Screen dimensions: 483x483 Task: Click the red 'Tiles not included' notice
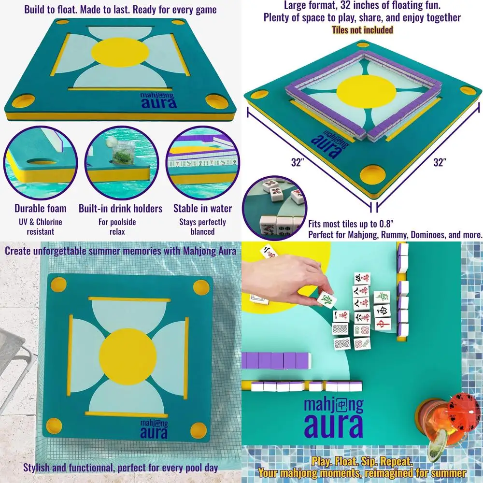point(362,29)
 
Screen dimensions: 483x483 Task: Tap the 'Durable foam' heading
point(41,209)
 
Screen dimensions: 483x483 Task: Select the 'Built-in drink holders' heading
point(120,209)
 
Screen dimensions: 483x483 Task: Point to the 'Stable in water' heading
point(202,209)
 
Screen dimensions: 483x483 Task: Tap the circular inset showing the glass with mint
point(121,162)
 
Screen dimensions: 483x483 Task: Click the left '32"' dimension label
point(297,163)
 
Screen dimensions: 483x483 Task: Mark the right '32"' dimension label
point(439,163)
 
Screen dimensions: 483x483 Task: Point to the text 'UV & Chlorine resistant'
point(41,227)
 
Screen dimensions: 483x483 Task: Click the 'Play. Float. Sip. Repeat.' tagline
point(362,461)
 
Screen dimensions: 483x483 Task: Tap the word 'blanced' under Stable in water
point(202,231)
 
